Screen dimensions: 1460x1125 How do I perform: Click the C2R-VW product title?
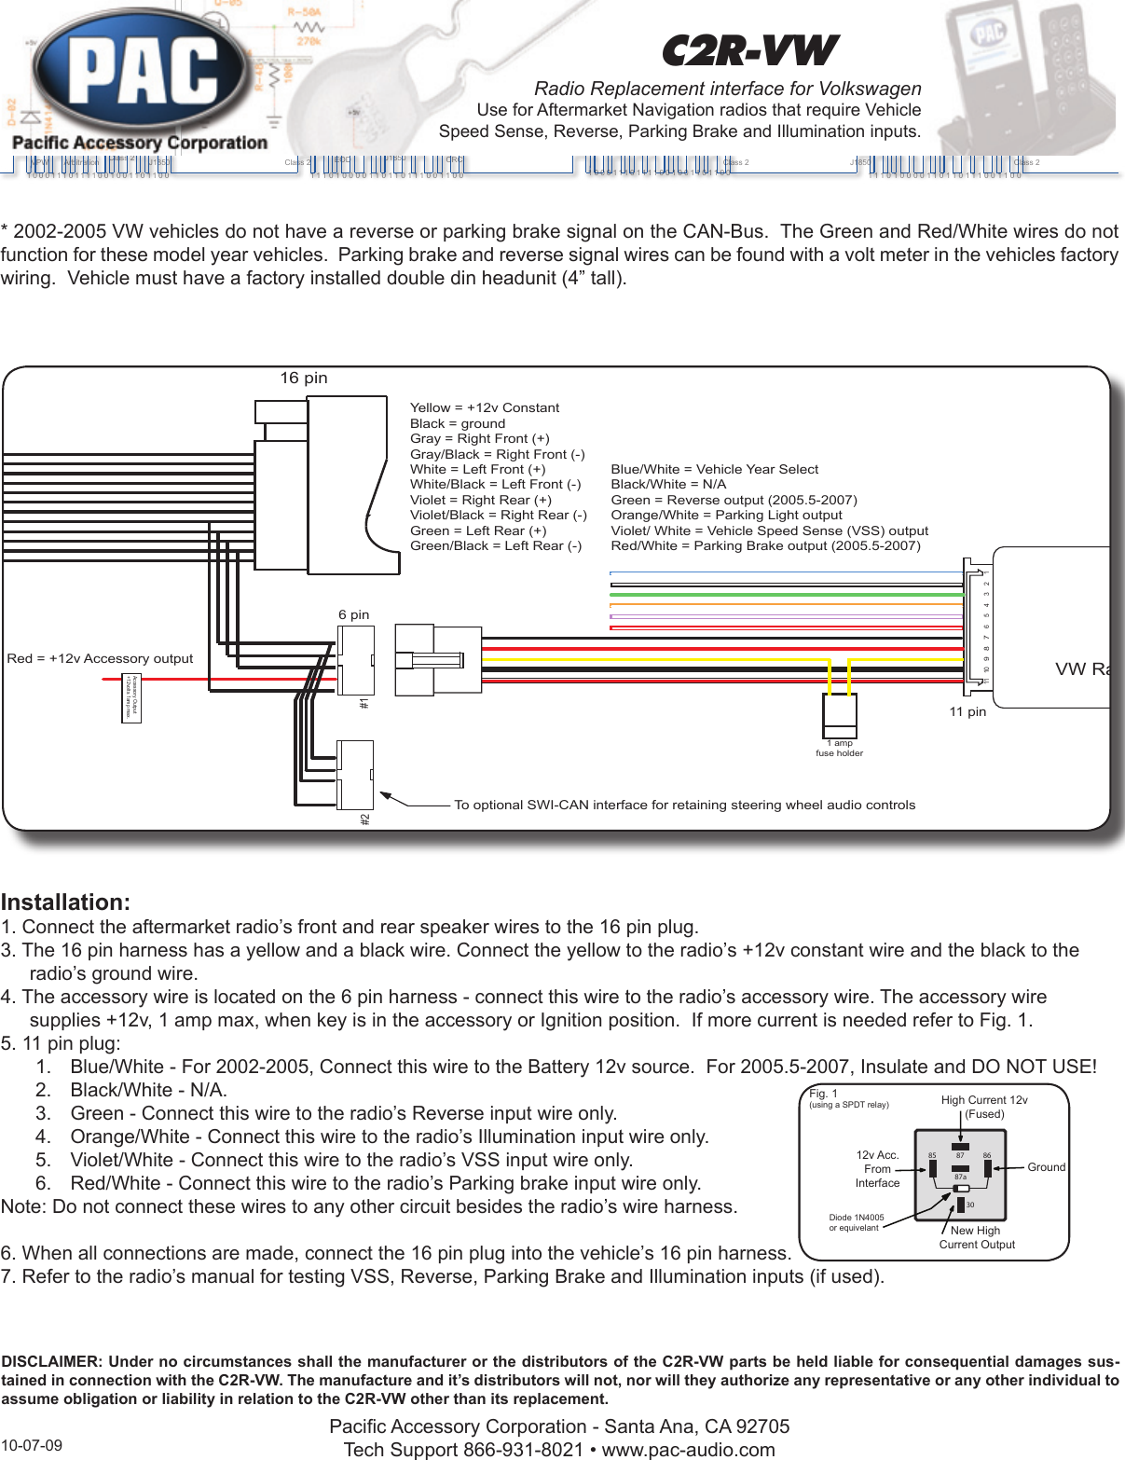(749, 51)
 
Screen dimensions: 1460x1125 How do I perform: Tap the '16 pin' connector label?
(304, 378)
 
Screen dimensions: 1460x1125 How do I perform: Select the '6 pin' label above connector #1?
(353, 614)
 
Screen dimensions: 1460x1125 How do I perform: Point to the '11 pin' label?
(967, 711)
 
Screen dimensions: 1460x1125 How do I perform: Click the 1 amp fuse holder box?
(839, 715)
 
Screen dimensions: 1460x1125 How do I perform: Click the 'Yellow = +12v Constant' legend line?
(485, 407)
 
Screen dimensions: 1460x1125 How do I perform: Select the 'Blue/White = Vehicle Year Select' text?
(714, 469)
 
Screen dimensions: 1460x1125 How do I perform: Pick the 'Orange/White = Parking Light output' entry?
(726, 515)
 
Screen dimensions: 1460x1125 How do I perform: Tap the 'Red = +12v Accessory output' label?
(100, 658)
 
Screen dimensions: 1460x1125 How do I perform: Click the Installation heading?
(65, 902)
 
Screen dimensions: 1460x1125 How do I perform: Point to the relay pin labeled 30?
(969, 1205)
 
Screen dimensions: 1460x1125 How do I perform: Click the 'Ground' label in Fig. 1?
(1046, 1167)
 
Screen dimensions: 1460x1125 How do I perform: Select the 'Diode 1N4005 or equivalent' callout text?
(856, 1222)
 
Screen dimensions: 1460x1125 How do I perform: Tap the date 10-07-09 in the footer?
(32, 1446)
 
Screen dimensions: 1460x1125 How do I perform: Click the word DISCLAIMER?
(48, 1361)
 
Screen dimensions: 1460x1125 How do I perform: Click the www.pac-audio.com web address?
(688, 1450)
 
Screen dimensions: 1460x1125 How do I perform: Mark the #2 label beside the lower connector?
(365, 819)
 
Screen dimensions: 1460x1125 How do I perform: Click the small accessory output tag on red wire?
(131, 697)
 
